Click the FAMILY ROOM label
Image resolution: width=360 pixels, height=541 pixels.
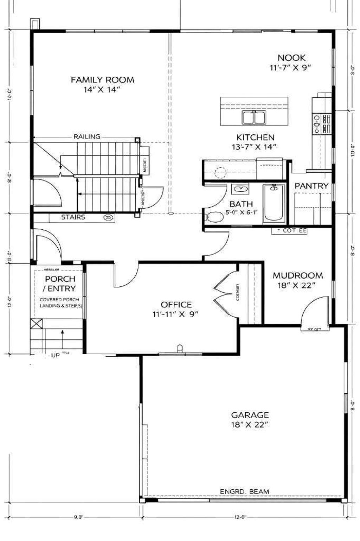click(102, 80)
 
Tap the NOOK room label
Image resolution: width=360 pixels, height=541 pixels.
click(291, 58)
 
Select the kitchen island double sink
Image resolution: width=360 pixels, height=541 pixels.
click(253, 117)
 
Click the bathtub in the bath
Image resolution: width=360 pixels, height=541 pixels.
click(275, 203)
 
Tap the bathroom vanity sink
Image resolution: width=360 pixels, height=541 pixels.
click(240, 190)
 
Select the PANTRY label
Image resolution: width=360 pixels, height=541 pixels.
click(311, 186)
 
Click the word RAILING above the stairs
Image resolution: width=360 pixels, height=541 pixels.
click(87, 136)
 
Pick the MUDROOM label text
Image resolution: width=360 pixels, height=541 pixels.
click(297, 275)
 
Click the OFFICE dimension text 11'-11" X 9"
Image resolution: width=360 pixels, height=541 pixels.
click(176, 314)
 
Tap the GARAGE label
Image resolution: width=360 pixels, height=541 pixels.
click(250, 415)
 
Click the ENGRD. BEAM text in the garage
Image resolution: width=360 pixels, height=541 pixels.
click(244, 491)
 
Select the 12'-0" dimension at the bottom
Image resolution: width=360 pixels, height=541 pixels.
click(240, 517)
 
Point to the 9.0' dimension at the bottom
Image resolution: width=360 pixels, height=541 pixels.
click(78, 517)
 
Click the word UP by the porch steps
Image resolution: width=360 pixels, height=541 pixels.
click(56, 355)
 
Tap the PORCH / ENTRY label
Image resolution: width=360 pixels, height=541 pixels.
click(60, 284)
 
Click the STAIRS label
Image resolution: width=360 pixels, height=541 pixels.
click(73, 217)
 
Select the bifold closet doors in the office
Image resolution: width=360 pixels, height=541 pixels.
click(222, 290)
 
